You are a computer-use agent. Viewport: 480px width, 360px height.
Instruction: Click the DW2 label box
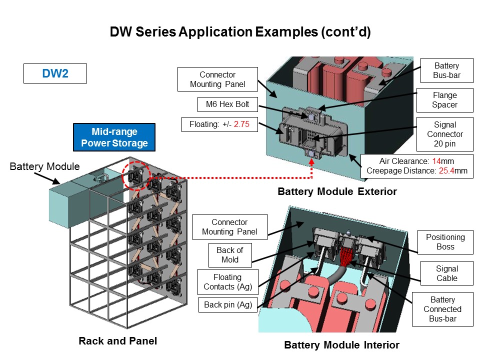pyautogui.click(x=55, y=74)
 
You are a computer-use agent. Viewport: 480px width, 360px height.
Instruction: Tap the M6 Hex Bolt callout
pyautogui.click(x=219, y=104)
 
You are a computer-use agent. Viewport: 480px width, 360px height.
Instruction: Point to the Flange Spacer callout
pyautogui.click(x=444, y=100)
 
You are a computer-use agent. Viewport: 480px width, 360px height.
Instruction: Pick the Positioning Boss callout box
pyautogui.click(x=445, y=241)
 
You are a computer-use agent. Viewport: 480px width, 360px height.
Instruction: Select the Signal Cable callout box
pyautogui.click(x=446, y=273)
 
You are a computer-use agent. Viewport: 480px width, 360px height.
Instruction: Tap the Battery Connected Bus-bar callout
pyautogui.click(x=442, y=309)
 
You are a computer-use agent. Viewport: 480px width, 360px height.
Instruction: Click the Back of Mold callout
pyautogui.click(x=229, y=255)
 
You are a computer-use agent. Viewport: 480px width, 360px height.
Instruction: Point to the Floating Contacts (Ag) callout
pyautogui.click(x=227, y=282)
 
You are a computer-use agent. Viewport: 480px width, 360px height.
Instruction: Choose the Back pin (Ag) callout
pyautogui.click(x=227, y=304)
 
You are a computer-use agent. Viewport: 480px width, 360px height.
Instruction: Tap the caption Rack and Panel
pyautogui.click(x=118, y=341)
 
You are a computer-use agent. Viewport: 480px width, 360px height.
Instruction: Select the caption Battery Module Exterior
pyautogui.click(x=337, y=191)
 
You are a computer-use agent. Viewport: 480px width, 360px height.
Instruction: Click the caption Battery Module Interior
pyautogui.click(x=341, y=345)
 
